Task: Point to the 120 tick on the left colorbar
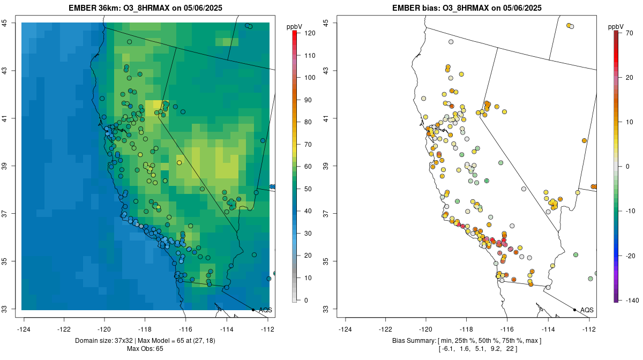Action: (309, 33)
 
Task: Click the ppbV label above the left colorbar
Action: (294, 26)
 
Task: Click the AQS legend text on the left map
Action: (265, 310)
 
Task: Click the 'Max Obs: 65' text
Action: (145, 349)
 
